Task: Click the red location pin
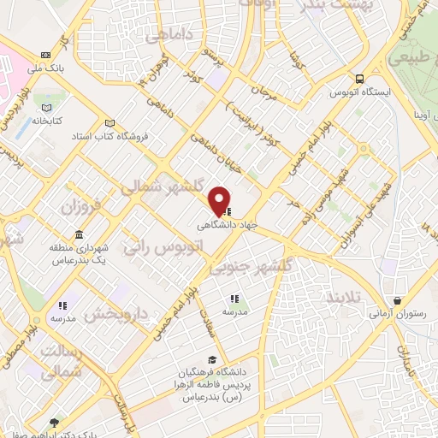click(220, 199)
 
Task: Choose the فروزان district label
click(82, 207)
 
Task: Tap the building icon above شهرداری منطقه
click(79, 234)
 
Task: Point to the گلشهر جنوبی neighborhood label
click(252, 267)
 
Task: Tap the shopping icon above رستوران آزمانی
click(399, 301)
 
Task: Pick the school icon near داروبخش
click(62, 305)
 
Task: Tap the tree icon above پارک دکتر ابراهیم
click(56, 423)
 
